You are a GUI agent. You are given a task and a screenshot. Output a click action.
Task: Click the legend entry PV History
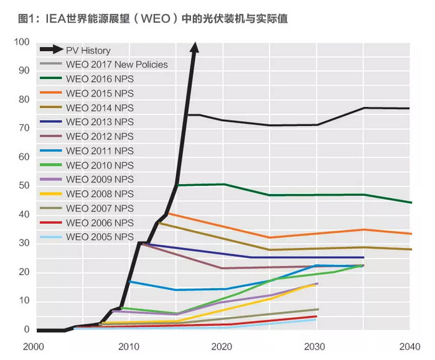click(88, 50)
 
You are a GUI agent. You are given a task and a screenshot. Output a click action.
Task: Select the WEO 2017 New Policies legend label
click(116, 65)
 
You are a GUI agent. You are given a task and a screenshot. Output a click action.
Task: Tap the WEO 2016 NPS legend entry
click(100, 79)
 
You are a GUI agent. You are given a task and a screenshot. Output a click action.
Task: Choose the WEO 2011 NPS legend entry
click(100, 151)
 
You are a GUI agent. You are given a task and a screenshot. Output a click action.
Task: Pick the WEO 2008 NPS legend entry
click(100, 194)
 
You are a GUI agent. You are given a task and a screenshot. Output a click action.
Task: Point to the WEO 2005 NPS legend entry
click(100, 237)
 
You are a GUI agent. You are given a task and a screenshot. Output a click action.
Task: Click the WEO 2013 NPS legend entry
click(100, 122)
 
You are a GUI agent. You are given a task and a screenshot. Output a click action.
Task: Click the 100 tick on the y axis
click(22, 42)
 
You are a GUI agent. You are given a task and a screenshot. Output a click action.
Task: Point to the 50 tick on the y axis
click(24, 186)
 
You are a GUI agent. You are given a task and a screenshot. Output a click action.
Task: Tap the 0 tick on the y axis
click(27, 330)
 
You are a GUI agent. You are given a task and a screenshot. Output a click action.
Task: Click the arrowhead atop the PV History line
click(195, 47)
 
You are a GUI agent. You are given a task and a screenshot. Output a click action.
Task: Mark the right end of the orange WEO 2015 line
click(409, 234)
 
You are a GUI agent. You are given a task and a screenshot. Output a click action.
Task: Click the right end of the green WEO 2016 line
click(409, 202)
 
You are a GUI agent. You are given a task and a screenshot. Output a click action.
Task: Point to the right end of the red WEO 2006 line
click(316, 316)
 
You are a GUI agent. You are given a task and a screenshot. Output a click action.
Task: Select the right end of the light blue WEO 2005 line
click(316, 320)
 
